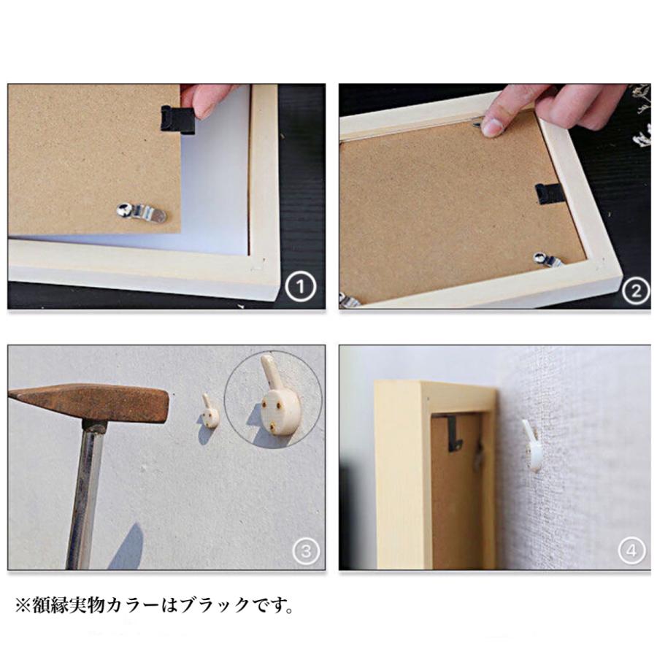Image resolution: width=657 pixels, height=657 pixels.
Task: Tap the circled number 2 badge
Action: pos(634,292)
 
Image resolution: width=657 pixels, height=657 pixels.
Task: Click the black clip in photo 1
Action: pos(178,119)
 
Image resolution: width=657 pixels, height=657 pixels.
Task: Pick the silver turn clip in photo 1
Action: pos(142,212)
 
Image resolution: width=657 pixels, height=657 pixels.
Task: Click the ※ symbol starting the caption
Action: pos(22,605)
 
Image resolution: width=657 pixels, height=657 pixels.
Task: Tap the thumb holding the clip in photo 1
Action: pos(205,99)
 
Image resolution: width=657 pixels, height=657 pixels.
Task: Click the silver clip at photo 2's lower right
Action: pos(547,258)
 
